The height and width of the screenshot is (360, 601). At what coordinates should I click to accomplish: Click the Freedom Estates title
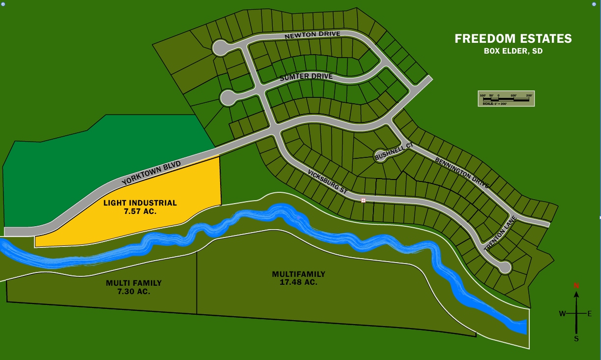pyautogui.click(x=513, y=38)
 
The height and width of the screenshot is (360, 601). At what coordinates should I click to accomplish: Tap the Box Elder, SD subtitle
pyautogui.click(x=513, y=51)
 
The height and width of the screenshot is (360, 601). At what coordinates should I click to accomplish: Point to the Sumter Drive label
pyautogui.click(x=306, y=77)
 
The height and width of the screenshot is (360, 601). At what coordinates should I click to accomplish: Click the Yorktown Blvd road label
pyautogui.click(x=151, y=173)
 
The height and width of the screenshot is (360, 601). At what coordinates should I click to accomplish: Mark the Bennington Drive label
pyautogui.click(x=462, y=173)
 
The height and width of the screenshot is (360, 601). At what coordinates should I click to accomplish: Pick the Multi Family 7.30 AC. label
pyautogui.click(x=134, y=287)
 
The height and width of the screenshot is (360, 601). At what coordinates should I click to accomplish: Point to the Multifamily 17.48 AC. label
pyautogui.click(x=299, y=278)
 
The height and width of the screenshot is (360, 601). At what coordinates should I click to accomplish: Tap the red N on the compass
pyautogui.click(x=576, y=286)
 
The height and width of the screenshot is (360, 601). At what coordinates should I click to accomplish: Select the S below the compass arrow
pyautogui.click(x=576, y=338)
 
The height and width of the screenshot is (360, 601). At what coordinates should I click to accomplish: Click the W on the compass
pyautogui.click(x=562, y=314)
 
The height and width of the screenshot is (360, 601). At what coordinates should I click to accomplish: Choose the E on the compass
pyautogui.click(x=590, y=314)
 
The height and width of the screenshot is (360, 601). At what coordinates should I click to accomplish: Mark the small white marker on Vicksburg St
pyautogui.click(x=364, y=200)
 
